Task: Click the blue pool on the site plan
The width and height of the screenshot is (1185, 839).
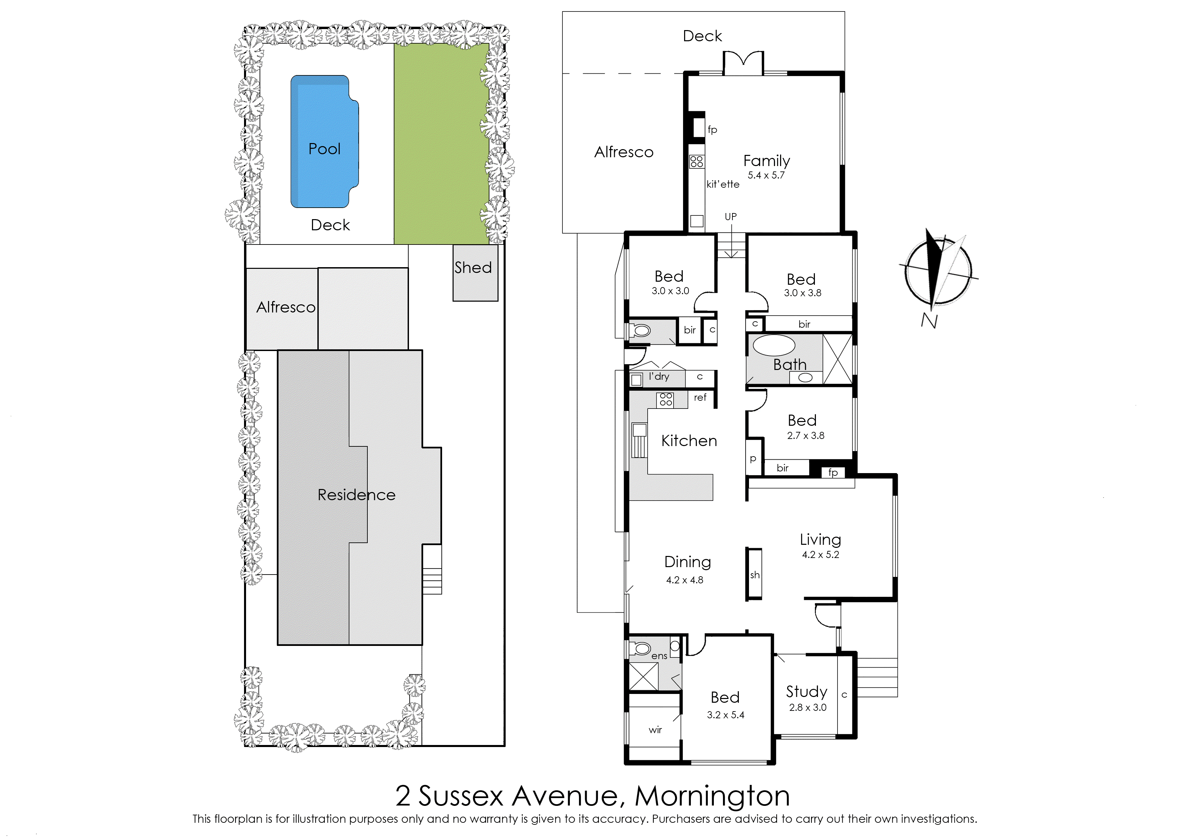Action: coord(324,142)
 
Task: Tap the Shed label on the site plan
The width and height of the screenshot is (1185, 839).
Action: coord(473,267)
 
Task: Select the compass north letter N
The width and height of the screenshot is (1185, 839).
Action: coord(929,321)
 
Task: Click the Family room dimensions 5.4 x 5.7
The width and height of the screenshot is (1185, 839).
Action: coord(766,176)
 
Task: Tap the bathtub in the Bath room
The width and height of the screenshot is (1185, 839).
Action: coord(773,346)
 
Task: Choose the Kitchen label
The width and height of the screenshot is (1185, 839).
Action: coord(689,441)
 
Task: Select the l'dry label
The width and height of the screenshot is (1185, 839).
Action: coord(659,377)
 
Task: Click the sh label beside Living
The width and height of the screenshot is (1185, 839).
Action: coord(754,575)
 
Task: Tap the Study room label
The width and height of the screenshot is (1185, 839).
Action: coord(806,691)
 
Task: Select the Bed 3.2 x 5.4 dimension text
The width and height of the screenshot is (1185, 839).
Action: coord(725,715)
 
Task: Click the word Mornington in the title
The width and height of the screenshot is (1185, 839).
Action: coord(712,796)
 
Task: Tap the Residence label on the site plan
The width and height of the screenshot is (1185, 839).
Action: coord(356,495)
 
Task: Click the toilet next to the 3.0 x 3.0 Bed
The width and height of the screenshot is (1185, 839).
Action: coord(641,330)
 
